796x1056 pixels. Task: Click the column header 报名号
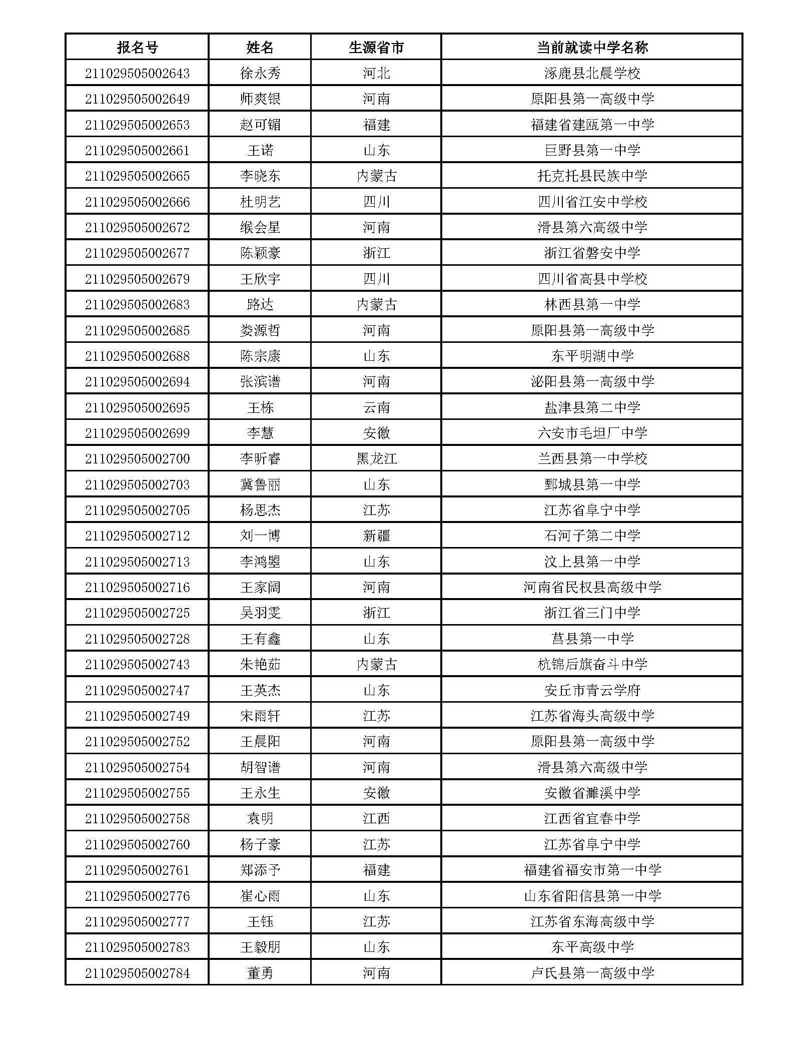[x=137, y=48]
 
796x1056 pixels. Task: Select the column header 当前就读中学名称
[x=592, y=48]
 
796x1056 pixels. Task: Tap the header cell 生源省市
[x=376, y=48]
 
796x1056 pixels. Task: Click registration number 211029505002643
[x=137, y=74]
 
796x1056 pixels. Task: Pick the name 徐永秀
[x=260, y=74]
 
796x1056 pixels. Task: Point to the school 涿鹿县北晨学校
[x=592, y=74]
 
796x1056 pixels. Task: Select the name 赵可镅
[x=260, y=125]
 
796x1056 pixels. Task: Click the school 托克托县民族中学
[x=592, y=176]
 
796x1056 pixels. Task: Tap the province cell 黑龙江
[x=376, y=459]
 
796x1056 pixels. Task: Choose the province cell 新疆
[x=376, y=536]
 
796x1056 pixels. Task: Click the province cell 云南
[x=376, y=407]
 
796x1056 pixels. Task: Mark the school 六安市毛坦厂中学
[x=592, y=433]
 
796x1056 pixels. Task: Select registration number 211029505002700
[x=137, y=459]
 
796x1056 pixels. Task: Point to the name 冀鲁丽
[x=260, y=484]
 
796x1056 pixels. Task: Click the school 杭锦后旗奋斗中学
[x=592, y=665]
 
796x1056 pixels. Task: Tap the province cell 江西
[x=376, y=819]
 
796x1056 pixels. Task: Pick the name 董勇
[x=260, y=973]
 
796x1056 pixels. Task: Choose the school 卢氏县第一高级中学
[x=592, y=973]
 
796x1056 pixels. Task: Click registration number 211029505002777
[x=137, y=921]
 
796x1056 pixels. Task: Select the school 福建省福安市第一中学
[x=592, y=870]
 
